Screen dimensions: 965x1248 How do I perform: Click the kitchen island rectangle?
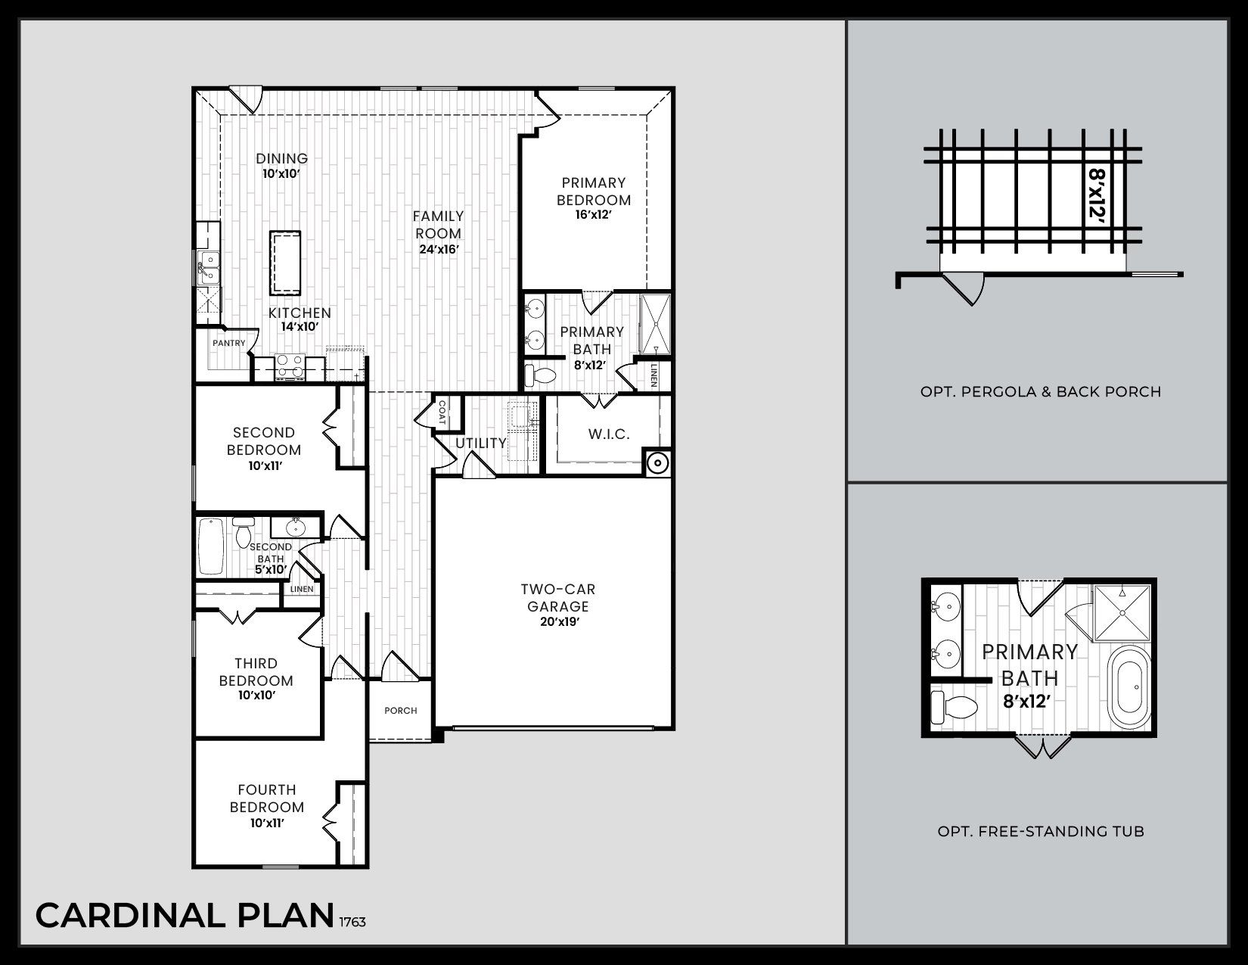(286, 263)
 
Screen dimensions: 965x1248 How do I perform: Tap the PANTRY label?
(228, 344)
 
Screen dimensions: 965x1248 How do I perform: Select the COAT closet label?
(442, 413)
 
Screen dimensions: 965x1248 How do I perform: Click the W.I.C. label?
(609, 434)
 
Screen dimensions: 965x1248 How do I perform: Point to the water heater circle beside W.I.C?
(658, 461)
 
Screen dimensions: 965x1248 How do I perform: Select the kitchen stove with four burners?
(289, 366)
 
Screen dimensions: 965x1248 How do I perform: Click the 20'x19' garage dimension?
(559, 622)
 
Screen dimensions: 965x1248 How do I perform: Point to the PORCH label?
(401, 711)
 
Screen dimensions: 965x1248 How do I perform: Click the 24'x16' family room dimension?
(439, 249)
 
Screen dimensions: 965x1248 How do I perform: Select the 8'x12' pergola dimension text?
(1096, 194)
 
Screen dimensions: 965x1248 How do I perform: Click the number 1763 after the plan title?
(352, 923)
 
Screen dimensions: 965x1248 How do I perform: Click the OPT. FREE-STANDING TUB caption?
(1041, 832)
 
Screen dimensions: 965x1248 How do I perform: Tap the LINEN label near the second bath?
(302, 589)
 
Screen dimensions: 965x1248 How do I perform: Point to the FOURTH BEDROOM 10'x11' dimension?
(267, 823)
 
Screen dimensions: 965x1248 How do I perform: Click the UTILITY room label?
(481, 443)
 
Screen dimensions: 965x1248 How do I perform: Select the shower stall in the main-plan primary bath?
(655, 324)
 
